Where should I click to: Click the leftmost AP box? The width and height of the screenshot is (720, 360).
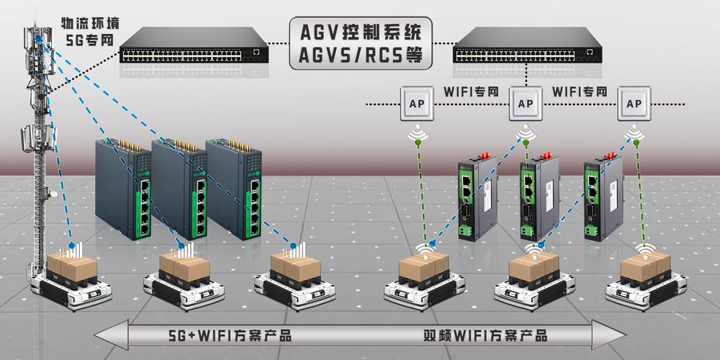tap(416, 104)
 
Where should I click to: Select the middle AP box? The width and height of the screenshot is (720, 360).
tap(526, 104)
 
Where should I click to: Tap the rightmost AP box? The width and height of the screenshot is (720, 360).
tap(634, 104)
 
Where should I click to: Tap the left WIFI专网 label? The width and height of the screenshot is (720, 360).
tap(471, 93)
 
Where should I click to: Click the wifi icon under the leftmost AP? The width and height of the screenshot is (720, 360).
tap(417, 134)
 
